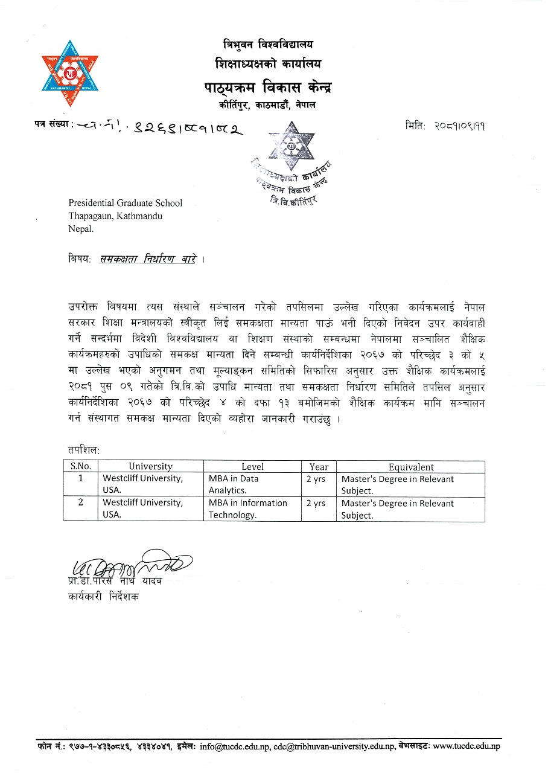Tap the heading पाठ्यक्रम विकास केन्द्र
(267, 88)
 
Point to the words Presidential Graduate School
(125, 203)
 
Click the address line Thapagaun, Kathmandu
(115, 216)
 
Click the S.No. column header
(80, 466)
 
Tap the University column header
(150, 466)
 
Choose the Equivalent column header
(411, 466)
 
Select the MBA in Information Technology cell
(247, 508)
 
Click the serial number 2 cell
(80, 502)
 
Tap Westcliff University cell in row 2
(142, 508)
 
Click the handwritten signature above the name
(130, 565)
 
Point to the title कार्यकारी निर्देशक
(103, 597)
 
